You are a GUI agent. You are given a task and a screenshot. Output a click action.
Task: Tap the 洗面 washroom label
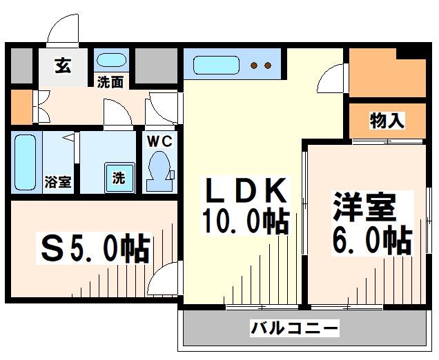tap(110, 81)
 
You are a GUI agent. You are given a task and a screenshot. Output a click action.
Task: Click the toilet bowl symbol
tap(160, 169)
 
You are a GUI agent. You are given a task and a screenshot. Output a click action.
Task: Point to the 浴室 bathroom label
tap(57, 183)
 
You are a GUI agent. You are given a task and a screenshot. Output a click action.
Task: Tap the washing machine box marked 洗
tap(119, 177)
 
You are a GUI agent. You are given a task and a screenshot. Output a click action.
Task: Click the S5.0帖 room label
tap(93, 248)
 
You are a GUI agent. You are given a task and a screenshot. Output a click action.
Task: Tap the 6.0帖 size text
tap(373, 241)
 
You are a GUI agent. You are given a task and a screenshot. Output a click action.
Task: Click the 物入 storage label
tap(387, 122)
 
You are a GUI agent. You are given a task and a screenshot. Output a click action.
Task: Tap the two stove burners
tap(260, 66)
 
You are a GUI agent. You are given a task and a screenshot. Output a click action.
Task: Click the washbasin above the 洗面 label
tap(110, 59)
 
